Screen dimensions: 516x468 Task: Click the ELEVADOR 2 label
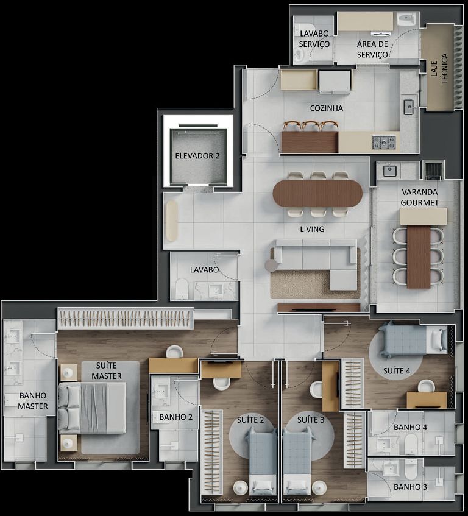(197, 156)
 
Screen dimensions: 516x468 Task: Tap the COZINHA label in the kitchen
(326, 108)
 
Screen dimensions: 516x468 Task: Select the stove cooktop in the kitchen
(384, 143)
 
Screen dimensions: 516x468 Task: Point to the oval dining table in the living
(317, 194)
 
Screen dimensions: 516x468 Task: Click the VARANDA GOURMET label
(420, 197)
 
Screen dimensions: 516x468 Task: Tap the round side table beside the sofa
(271, 265)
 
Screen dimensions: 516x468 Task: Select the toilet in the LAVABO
(182, 288)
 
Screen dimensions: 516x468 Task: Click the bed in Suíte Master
(93, 406)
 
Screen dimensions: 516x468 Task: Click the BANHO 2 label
(175, 417)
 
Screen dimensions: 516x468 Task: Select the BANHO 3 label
(410, 487)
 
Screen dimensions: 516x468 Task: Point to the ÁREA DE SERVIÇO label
(372, 49)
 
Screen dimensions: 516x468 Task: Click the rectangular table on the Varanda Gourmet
(419, 256)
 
